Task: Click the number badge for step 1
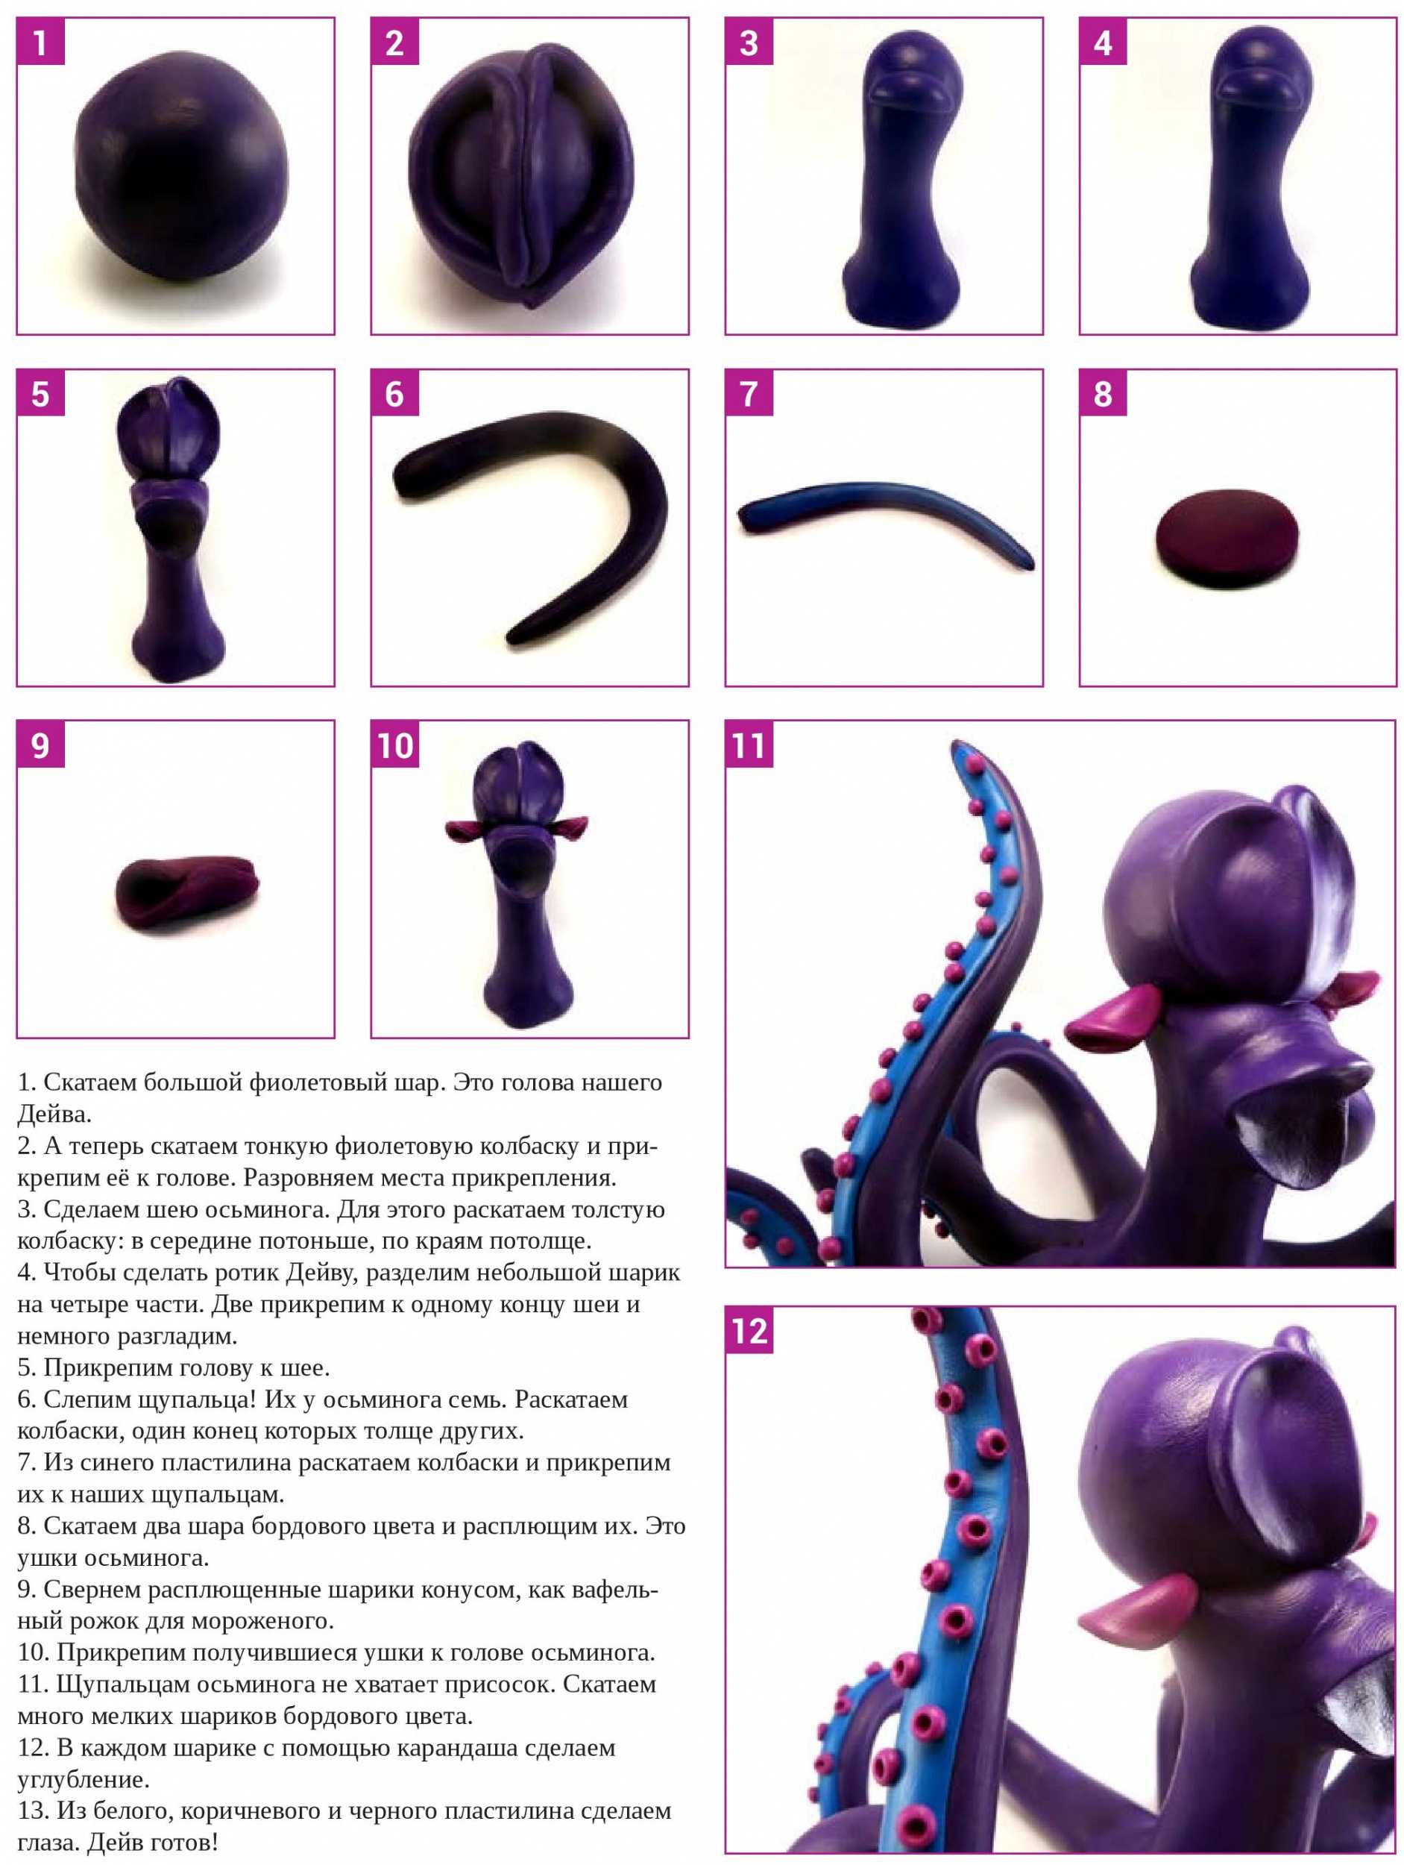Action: coord(40,43)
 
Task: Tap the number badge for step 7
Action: coord(749,394)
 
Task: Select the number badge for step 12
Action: coord(749,1332)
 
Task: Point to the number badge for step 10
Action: coord(395,745)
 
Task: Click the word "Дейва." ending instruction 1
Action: coord(54,1115)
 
